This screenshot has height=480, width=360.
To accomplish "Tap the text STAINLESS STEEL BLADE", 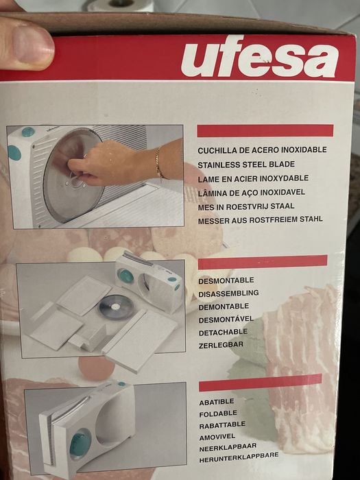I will (245, 165).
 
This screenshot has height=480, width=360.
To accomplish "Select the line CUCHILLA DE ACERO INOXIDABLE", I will (261, 149).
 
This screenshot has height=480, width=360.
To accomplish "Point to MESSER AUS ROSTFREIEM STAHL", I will (259, 221).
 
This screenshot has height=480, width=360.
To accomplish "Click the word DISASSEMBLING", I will (228, 293).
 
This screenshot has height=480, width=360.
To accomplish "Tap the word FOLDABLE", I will (217, 413).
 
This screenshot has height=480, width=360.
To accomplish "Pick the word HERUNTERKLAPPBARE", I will (238, 455).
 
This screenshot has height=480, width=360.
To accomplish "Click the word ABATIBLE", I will (216, 402).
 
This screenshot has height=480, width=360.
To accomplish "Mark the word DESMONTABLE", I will (226, 280).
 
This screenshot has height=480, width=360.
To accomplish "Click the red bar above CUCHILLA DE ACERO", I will (265, 130).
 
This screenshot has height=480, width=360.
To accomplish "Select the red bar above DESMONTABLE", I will (262, 262).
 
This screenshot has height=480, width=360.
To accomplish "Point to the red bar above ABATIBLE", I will (260, 383).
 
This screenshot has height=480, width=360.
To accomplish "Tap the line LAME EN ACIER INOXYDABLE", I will (252, 178).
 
